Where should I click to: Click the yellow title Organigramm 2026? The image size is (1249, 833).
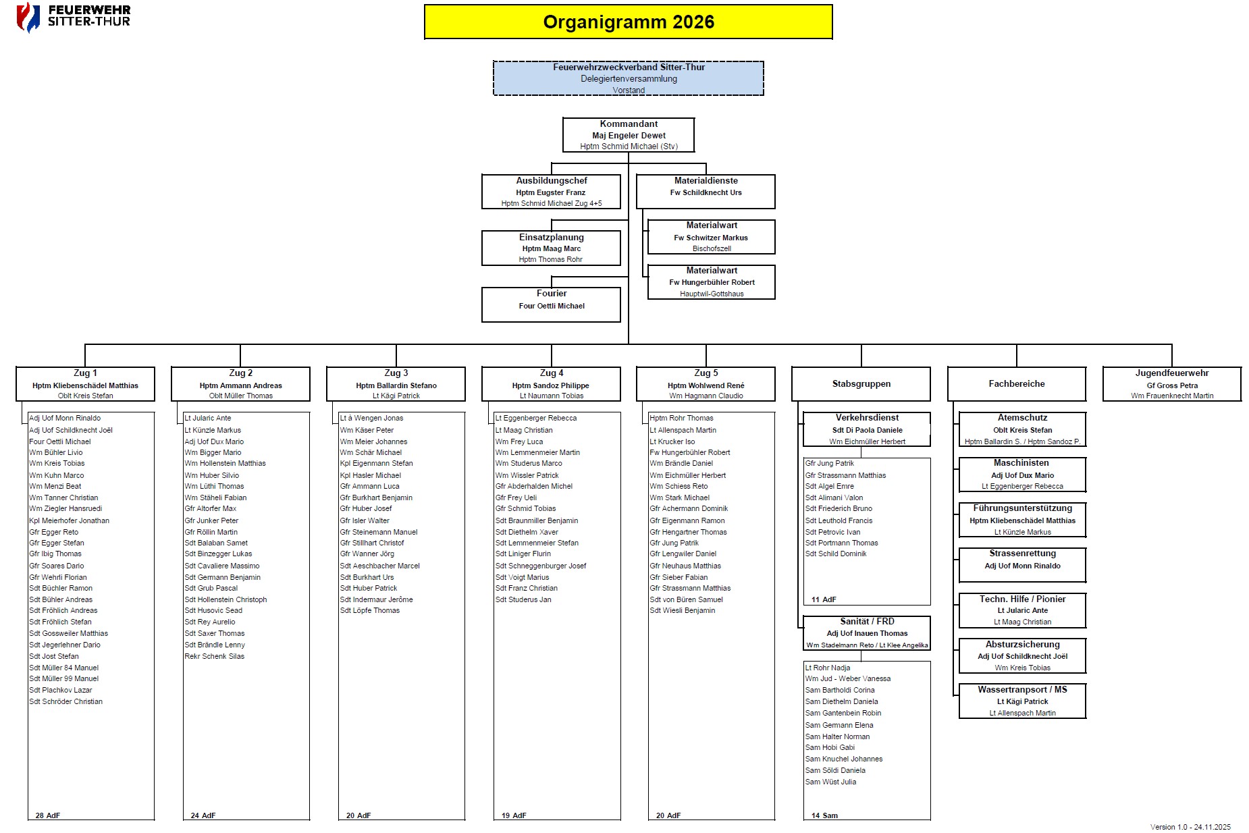(x=628, y=22)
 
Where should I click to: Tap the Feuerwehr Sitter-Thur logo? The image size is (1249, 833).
(x=73, y=17)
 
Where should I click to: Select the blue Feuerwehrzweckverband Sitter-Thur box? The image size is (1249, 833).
(x=628, y=78)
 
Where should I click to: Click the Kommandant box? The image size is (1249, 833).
(x=628, y=135)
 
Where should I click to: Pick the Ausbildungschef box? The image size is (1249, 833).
(x=551, y=192)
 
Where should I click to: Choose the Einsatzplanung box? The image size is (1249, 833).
(x=551, y=248)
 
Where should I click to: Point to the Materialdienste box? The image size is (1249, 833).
(x=706, y=191)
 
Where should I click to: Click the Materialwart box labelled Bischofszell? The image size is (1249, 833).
(x=711, y=237)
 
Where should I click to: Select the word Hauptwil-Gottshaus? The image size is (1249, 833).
(x=712, y=294)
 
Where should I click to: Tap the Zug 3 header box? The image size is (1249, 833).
(x=396, y=383)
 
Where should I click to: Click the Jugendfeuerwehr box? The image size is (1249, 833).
(x=1171, y=383)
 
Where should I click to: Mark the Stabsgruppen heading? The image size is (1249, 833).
(x=861, y=383)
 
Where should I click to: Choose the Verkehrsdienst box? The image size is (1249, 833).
(x=867, y=429)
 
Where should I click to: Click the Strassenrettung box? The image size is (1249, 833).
(x=1022, y=564)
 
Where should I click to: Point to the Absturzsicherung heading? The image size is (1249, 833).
(x=1022, y=645)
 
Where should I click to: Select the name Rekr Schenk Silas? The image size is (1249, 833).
(x=214, y=656)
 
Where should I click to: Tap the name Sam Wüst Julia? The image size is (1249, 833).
(x=830, y=782)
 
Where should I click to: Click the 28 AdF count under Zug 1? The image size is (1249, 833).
(x=47, y=815)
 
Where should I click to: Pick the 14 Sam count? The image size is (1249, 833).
(x=824, y=815)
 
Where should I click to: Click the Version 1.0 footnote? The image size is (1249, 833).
(x=1190, y=827)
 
